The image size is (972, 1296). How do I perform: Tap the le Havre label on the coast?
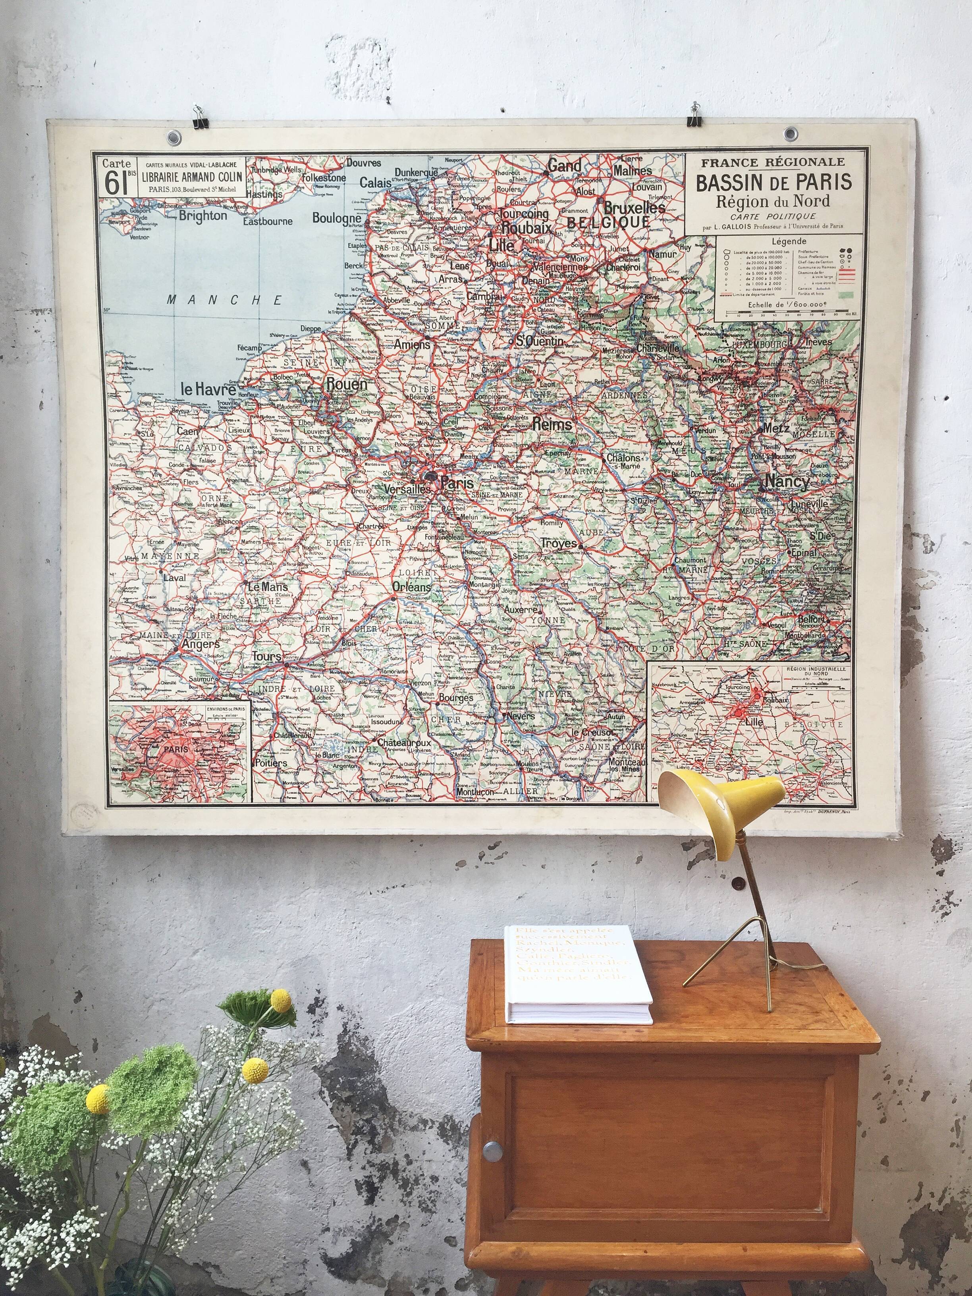[x=208, y=388]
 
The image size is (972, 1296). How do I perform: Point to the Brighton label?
[x=203, y=216]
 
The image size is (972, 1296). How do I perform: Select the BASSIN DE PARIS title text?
[x=773, y=182]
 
